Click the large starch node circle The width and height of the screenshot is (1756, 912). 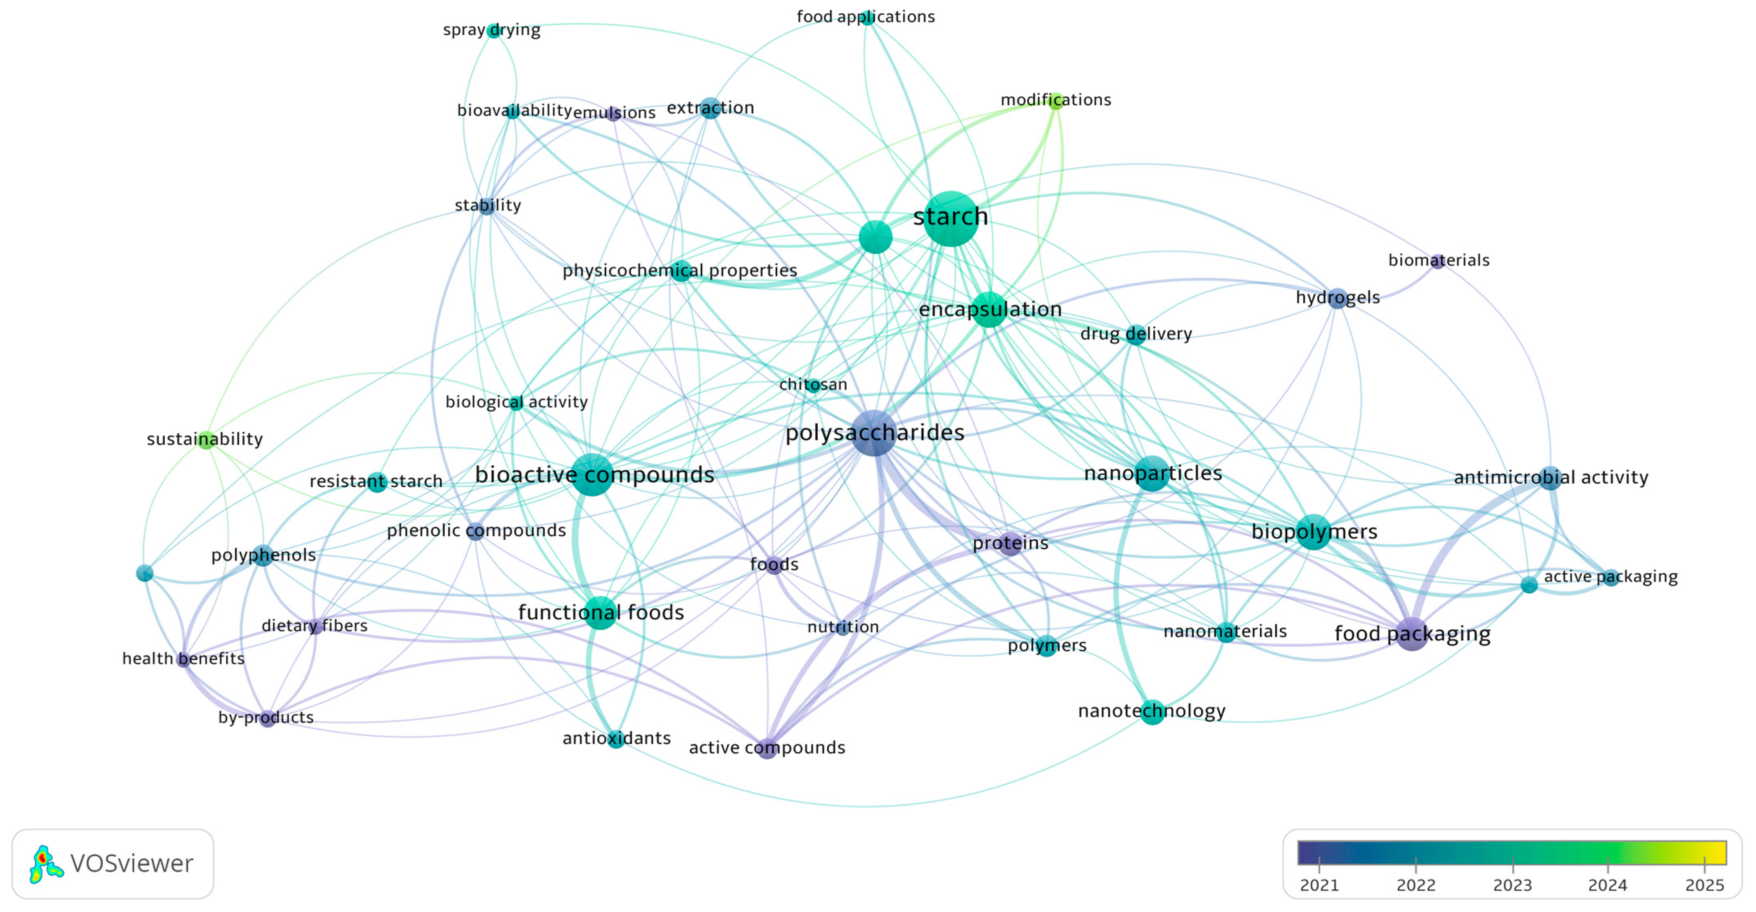pyautogui.click(x=950, y=218)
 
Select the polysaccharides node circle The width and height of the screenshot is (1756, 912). pyautogui.click(x=874, y=433)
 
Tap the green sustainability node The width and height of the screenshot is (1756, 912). pyautogui.click(x=206, y=440)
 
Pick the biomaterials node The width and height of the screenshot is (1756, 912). pyautogui.click(x=1438, y=261)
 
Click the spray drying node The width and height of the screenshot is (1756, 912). pyautogui.click(x=493, y=31)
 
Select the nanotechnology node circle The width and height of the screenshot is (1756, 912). pyautogui.click(x=1152, y=712)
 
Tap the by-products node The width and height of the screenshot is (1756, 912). pyautogui.click(x=267, y=718)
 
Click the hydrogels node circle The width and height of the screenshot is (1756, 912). pyautogui.click(x=1337, y=298)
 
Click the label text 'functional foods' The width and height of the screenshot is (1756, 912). pyautogui.click(x=601, y=612)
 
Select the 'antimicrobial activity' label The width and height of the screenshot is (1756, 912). pyautogui.click(x=1551, y=478)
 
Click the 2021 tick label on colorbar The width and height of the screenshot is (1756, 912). pyautogui.click(x=1319, y=885)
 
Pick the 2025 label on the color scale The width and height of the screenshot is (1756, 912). pyautogui.click(x=1704, y=885)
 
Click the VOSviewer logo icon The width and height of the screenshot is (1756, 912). pyautogui.click(x=45, y=864)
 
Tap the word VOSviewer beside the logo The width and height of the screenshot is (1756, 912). pyautogui.click(x=132, y=864)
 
